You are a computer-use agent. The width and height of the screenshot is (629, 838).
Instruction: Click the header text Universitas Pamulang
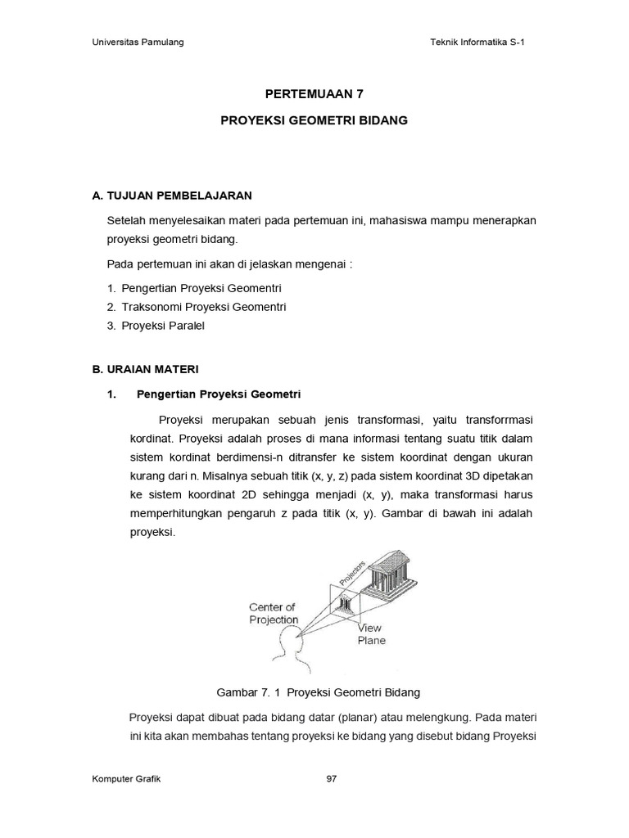[x=137, y=43]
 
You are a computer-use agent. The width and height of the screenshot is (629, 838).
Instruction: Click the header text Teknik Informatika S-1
[x=476, y=43]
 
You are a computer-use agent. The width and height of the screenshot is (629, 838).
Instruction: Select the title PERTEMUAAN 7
[x=314, y=94]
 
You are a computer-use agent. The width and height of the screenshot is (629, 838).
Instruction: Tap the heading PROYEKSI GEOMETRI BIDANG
[x=314, y=120]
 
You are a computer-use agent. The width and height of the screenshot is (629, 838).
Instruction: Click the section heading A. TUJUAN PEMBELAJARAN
[x=173, y=196]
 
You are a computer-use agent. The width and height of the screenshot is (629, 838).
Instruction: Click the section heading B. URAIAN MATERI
[x=145, y=370]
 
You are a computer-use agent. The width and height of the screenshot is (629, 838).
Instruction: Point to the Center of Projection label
[x=274, y=613]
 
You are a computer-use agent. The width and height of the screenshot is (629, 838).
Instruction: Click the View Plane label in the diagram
[x=371, y=634]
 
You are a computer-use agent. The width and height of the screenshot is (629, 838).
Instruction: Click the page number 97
[x=332, y=779]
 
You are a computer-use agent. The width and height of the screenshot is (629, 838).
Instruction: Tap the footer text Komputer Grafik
[x=126, y=779]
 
